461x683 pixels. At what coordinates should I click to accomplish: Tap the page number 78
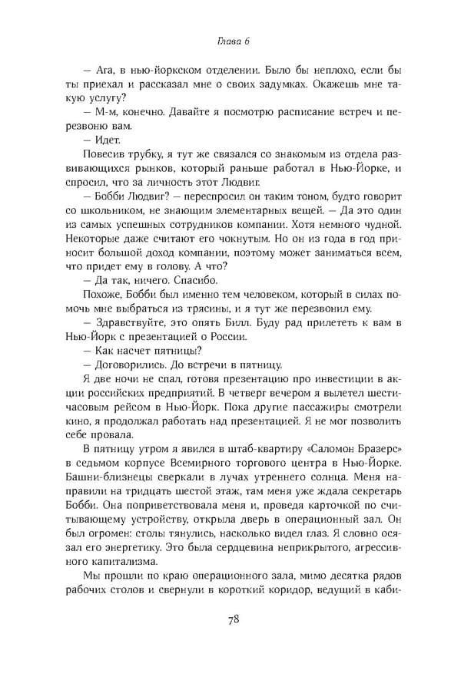pyautogui.click(x=230, y=620)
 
